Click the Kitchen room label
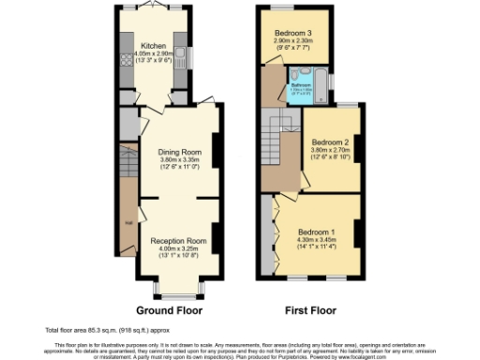[153, 45]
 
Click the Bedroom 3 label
[292, 33]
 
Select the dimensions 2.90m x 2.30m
[292, 41]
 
